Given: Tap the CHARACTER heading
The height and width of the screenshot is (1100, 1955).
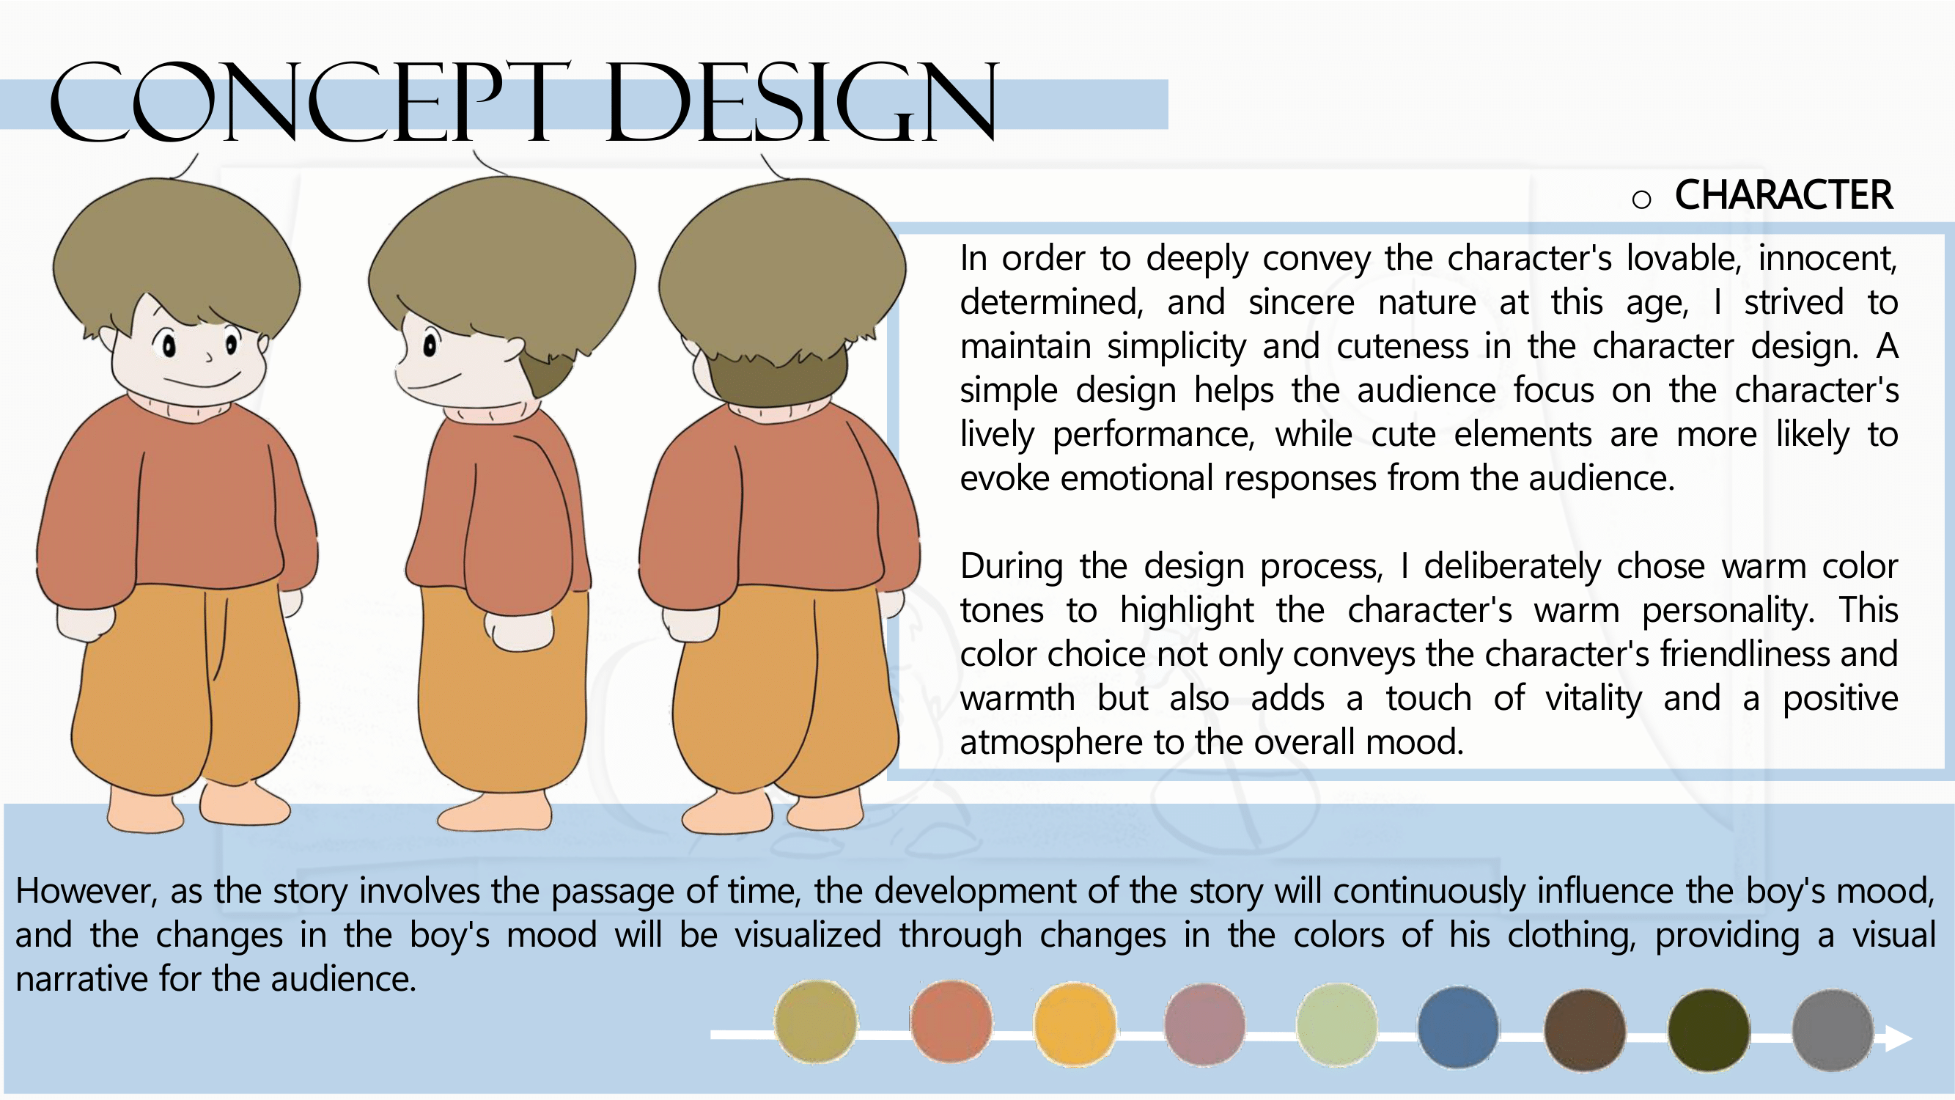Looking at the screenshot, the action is (1783, 195).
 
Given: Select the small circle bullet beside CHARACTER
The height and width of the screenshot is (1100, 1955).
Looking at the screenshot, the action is (1641, 199).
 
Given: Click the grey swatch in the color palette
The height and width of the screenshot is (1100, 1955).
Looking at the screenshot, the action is (1833, 1030).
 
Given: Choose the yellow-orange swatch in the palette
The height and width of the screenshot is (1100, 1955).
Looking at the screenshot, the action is (1075, 1025).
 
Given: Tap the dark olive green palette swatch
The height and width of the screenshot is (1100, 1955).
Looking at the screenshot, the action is (1709, 1030).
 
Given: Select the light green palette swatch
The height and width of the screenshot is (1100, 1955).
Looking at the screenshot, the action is (1336, 1025).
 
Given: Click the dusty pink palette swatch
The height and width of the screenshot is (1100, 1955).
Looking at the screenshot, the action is (1204, 1025).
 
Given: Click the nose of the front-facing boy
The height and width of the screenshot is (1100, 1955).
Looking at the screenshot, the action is (207, 354).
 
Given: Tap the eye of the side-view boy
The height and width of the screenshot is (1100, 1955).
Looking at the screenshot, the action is (430, 345).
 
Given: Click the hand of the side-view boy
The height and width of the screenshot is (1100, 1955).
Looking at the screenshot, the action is (520, 630).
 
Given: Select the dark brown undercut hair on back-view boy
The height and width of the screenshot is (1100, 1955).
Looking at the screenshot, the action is (778, 377).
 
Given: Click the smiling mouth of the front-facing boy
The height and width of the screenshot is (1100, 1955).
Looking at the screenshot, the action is (202, 379).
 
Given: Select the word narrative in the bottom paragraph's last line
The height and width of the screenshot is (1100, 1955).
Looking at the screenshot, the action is (82, 979).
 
